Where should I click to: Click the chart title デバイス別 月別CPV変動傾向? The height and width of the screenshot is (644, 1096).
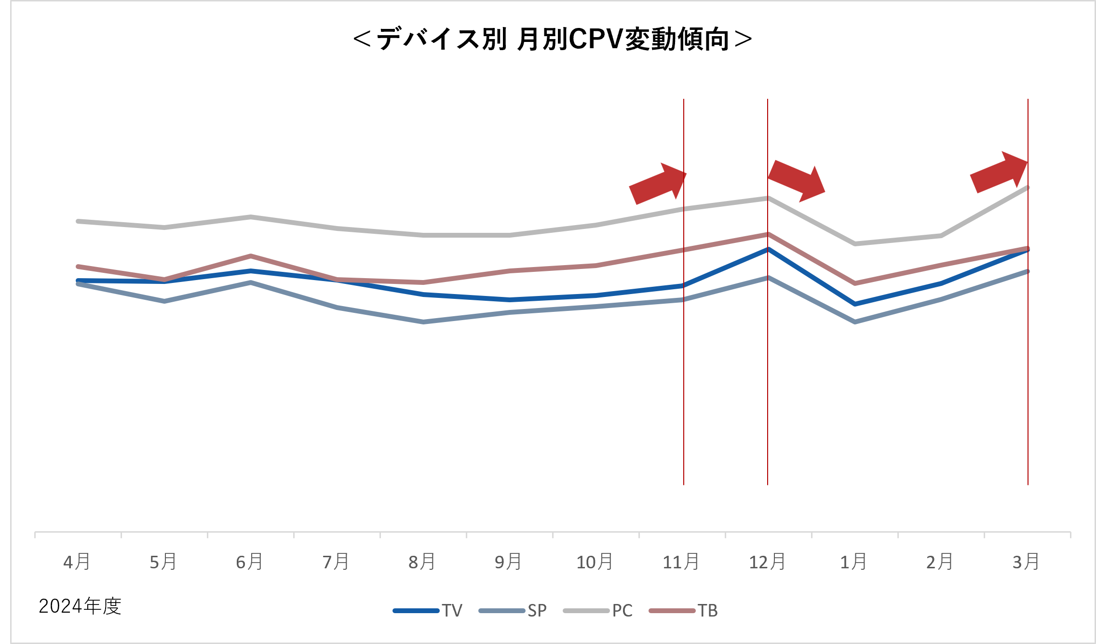click(553, 39)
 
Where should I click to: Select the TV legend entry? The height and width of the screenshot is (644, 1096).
click(427, 610)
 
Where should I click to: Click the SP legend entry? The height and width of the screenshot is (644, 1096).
click(513, 610)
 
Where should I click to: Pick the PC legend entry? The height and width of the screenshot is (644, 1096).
click(597, 610)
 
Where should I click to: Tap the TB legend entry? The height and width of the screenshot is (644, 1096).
click(683, 610)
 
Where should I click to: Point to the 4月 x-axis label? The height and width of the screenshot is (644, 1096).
click(77, 562)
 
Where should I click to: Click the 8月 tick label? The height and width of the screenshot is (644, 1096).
click(422, 562)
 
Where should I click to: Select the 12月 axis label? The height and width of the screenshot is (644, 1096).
click(767, 562)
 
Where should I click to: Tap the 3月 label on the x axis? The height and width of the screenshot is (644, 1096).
click(1026, 562)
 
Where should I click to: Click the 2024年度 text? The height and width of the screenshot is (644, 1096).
click(80, 606)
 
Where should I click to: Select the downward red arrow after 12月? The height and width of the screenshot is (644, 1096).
click(797, 181)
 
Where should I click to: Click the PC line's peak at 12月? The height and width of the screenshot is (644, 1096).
click(768, 198)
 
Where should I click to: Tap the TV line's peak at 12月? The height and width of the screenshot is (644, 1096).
click(768, 249)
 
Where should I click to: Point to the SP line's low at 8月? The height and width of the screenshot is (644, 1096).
click(423, 322)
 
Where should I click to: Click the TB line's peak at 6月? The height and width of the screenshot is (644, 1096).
click(251, 256)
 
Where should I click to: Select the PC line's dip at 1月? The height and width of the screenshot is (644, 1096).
click(855, 243)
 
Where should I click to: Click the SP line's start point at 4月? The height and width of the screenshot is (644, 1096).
click(78, 284)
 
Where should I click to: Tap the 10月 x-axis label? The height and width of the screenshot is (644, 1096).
click(595, 562)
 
